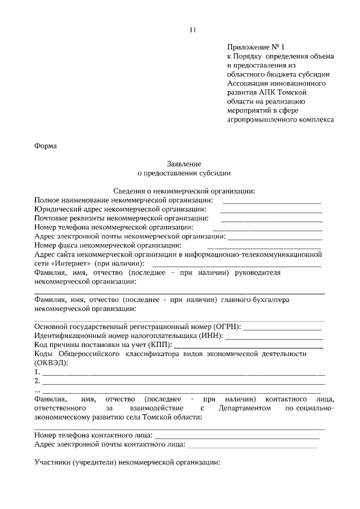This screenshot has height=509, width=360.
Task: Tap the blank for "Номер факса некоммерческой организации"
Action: pyautogui.click(x=264, y=247)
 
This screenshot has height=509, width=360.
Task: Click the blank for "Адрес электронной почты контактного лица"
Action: pyautogui.click(x=252, y=446)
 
